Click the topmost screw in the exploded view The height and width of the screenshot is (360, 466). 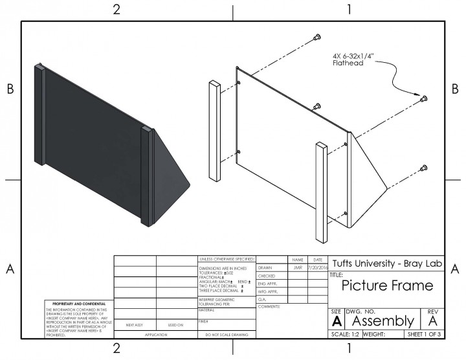click(316, 37)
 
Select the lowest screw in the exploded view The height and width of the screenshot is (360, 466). click(423, 168)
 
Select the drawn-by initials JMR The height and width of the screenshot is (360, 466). click(297, 267)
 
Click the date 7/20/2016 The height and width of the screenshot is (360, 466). click(318, 267)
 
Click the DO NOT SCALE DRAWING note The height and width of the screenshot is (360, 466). click(227, 335)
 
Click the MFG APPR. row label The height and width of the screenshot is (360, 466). click(267, 292)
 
